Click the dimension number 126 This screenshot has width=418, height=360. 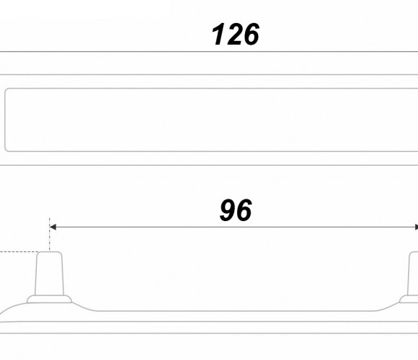[235, 34]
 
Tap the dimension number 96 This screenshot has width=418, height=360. [236, 210]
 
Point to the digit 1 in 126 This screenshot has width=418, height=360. [218, 34]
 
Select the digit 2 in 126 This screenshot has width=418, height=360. [235, 34]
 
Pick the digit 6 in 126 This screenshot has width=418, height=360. [251, 34]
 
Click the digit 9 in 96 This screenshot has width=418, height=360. [228, 210]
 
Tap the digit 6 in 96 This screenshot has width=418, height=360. [244, 210]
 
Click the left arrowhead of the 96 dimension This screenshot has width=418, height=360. [53, 227]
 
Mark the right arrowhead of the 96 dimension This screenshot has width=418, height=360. [417, 227]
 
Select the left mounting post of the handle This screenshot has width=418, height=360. [49, 274]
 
